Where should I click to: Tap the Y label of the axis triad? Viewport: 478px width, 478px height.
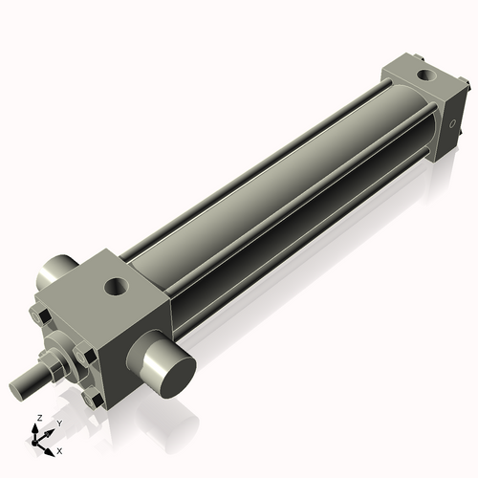(57, 423)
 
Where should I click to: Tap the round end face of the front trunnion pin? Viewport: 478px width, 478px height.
(175, 369)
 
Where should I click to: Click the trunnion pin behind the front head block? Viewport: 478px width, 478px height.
(55, 273)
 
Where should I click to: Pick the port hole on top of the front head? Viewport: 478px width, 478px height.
(117, 285)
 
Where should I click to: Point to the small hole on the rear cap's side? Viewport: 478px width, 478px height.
(453, 124)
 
